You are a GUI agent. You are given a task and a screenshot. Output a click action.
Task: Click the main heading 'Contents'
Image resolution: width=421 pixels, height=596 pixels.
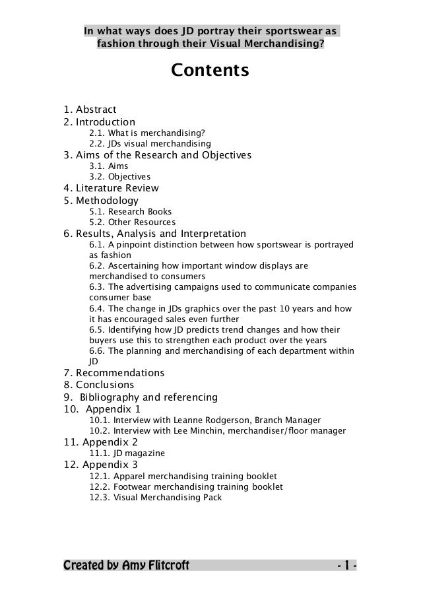[x=210, y=69]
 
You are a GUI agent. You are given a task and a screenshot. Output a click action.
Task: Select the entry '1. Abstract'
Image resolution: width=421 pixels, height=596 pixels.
[x=90, y=110]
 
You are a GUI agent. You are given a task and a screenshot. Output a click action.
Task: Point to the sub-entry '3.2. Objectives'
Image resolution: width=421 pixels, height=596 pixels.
[x=119, y=178]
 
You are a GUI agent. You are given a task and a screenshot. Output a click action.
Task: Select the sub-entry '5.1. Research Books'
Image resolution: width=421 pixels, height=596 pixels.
[x=130, y=212]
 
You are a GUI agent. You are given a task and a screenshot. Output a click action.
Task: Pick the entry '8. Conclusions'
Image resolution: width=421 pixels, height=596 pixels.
[x=98, y=385]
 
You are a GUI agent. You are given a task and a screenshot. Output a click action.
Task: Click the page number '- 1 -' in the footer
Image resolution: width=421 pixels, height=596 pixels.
[x=346, y=566]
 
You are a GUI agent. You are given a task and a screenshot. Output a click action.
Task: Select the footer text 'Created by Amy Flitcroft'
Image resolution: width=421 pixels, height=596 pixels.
[x=126, y=566]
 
